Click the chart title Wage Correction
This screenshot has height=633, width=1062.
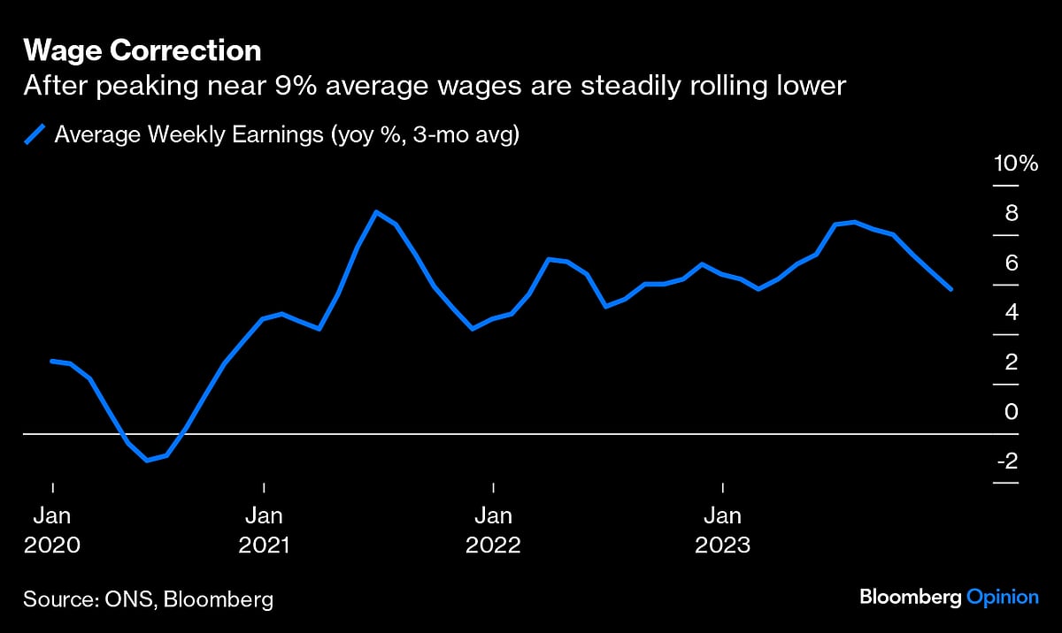(142, 50)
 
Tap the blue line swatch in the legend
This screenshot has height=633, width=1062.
(34, 134)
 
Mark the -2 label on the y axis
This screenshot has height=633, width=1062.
(1007, 461)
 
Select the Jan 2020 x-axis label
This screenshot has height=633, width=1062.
(52, 530)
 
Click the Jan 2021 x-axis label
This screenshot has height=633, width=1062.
(264, 530)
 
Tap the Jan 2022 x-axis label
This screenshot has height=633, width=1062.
(493, 530)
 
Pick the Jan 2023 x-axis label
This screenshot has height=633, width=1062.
(723, 530)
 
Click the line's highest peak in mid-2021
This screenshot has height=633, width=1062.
(376, 212)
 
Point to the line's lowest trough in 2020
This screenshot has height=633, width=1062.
(147, 460)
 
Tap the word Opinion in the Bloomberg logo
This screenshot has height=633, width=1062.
(1002, 598)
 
